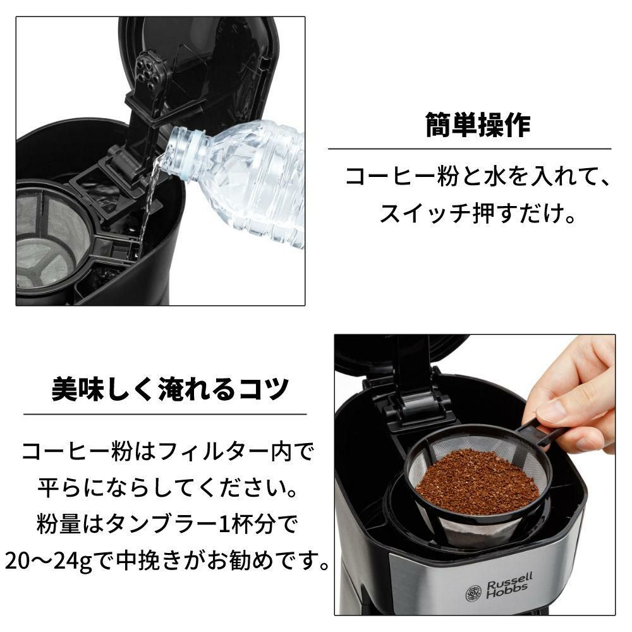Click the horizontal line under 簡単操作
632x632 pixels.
pos(469,149)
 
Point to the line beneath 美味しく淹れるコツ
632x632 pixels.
pos(164,415)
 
